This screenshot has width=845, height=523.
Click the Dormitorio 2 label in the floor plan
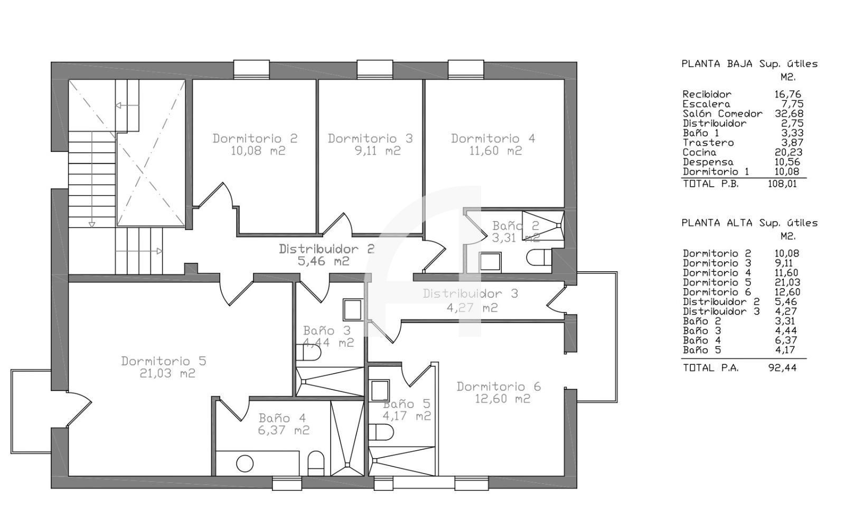click(255, 138)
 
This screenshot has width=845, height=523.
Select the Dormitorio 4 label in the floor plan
click(493, 138)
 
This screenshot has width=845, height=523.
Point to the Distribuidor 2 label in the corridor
click(327, 249)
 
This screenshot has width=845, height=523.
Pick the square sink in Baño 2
click(490, 262)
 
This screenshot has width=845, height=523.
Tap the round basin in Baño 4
click(245, 463)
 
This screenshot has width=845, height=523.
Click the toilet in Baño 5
click(381, 432)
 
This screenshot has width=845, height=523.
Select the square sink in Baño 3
click(353, 310)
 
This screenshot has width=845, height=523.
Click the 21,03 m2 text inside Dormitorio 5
click(167, 373)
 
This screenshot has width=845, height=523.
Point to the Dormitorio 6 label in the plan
click(499, 386)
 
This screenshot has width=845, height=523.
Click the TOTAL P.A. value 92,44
click(782, 368)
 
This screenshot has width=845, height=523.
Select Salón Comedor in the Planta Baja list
click(722, 113)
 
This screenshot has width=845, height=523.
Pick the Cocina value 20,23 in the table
click(789, 153)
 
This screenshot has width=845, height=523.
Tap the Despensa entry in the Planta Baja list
click(708, 162)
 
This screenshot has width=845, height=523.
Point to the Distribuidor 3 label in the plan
click(471, 293)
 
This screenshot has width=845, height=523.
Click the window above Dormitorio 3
click(375, 69)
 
